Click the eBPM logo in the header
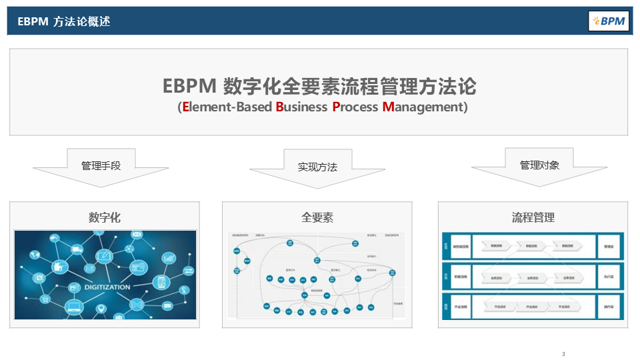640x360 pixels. click(609, 21)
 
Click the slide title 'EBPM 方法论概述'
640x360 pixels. click(64, 21)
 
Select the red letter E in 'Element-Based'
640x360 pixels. click(186, 107)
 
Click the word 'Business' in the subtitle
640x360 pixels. click(301, 107)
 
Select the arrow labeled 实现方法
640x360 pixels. click(317, 167)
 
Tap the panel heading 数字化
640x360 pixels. click(105, 217)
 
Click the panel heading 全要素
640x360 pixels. click(317, 217)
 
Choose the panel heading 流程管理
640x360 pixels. click(533, 217)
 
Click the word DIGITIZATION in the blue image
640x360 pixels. click(107, 287)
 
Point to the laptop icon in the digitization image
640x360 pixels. click(74, 307)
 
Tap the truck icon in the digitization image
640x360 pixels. click(77, 250)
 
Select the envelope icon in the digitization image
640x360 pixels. click(137, 235)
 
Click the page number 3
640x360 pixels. click(563, 353)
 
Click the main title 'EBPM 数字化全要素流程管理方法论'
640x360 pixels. click(319, 87)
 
